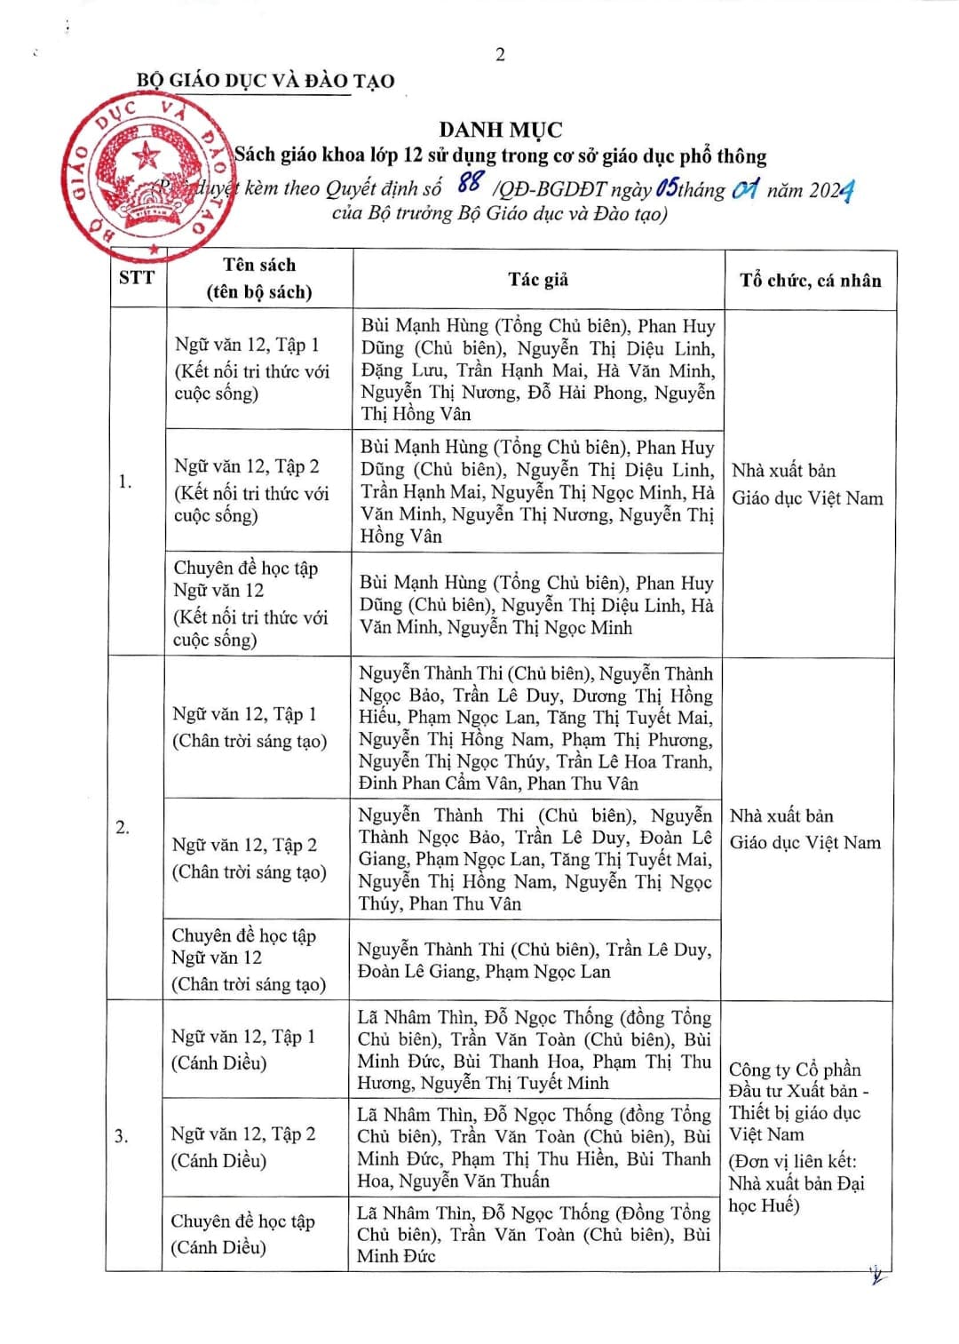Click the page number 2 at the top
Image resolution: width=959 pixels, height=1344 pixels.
pos(500,55)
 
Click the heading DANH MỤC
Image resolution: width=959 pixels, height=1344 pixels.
pos(501,131)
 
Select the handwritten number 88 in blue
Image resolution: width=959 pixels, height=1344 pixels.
pos(470,183)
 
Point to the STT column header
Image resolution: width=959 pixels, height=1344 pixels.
pos(137,278)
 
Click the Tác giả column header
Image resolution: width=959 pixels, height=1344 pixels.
pos(538,280)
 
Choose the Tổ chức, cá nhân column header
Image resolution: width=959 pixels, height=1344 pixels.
pos(810,281)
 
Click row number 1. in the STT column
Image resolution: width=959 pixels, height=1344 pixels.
pos(125,481)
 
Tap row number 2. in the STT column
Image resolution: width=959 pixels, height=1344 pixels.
pos(123,827)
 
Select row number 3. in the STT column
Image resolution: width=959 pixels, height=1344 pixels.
pos(122,1136)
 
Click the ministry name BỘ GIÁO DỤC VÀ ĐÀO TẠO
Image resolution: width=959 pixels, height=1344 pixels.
pos(265,81)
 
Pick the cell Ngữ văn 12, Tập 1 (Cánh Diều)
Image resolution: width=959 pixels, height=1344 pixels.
pos(242,1049)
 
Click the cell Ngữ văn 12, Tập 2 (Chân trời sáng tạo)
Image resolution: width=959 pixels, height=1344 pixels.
pos(249,858)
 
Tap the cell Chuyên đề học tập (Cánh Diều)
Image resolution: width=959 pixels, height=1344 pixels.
pos(242,1234)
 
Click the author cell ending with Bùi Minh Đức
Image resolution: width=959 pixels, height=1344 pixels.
pos(533,1234)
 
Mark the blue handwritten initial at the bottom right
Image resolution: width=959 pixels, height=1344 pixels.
pos(876,1276)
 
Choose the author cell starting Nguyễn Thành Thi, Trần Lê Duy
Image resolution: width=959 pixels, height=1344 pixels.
pos(534,960)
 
